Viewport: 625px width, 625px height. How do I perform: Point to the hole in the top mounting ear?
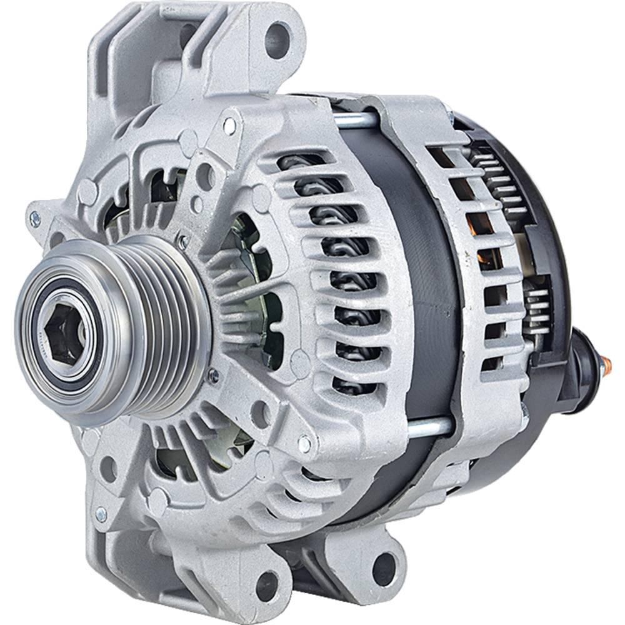pyautogui.click(x=277, y=39)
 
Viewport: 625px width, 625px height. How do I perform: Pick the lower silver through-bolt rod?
pyautogui.click(x=430, y=427)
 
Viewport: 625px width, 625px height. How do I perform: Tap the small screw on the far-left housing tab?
pyautogui.click(x=35, y=218)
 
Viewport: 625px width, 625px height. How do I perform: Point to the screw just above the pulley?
pyautogui.click(x=183, y=239)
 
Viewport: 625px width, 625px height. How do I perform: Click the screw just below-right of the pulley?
pyautogui.click(x=214, y=377)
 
